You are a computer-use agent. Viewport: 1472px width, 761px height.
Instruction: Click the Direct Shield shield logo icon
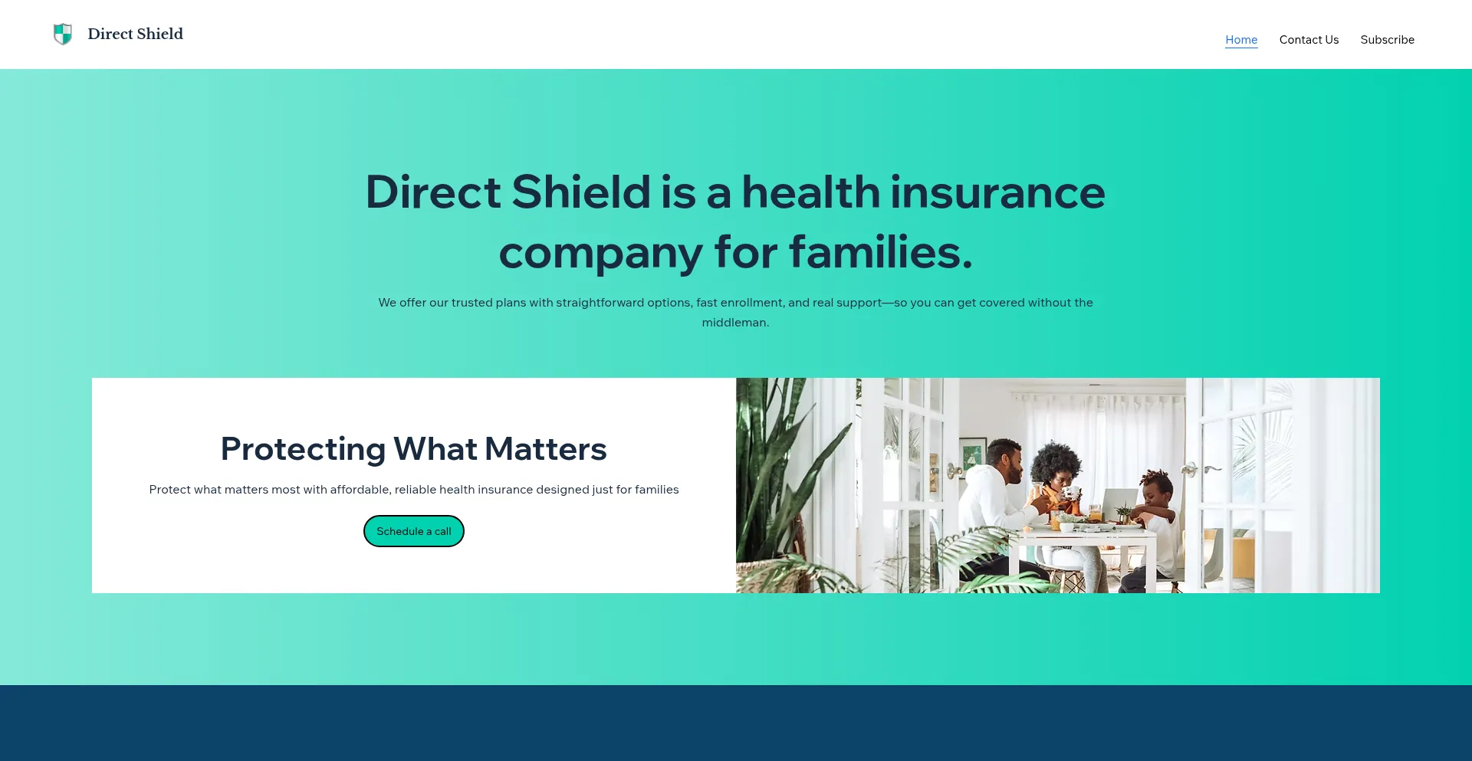tap(63, 34)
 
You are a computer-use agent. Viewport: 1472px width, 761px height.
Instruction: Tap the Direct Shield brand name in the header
tap(135, 34)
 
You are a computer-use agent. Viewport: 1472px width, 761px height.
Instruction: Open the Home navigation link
tap(1241, 40)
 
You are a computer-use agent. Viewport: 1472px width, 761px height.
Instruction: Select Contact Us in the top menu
tap(1309, 40)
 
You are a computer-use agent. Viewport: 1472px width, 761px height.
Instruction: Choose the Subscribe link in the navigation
tap(1387, 40)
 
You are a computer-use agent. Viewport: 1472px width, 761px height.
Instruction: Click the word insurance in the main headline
tap(997, 192)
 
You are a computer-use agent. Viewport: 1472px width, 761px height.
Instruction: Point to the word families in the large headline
tap(881, 252)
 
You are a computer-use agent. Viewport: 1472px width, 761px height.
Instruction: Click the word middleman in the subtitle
tap(734, 323)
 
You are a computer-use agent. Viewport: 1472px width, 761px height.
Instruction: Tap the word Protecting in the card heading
tap(303, 449)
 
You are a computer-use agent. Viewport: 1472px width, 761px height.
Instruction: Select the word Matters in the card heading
tap(546, 449)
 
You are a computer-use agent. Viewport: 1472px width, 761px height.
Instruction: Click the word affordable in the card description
tap(360, 490)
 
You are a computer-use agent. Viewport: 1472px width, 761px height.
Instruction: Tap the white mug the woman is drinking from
tap(1070, 492)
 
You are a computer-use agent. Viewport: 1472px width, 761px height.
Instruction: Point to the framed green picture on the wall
tap(973, 452)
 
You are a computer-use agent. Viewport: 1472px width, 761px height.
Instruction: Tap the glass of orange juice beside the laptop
tap(1096, 513)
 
